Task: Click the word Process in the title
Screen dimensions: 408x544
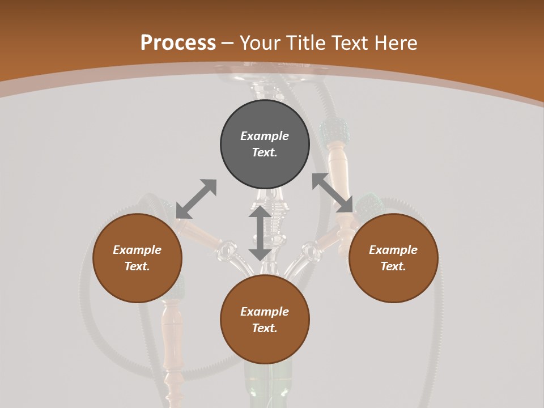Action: pos(178,42)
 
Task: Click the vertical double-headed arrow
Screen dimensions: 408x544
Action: pos(260,233)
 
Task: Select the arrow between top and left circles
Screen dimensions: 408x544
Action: pos(196,199)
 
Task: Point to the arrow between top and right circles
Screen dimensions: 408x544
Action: pos(333,193)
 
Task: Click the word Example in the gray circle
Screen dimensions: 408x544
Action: pos(265,136)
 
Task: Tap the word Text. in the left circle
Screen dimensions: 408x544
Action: pos(137,266)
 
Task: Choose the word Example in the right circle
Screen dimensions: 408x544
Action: pos(393,250)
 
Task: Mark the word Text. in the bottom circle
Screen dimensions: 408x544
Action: pos(265,328)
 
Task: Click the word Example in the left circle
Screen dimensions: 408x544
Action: pos(137,250)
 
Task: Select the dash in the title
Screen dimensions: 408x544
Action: pos(228,43)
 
